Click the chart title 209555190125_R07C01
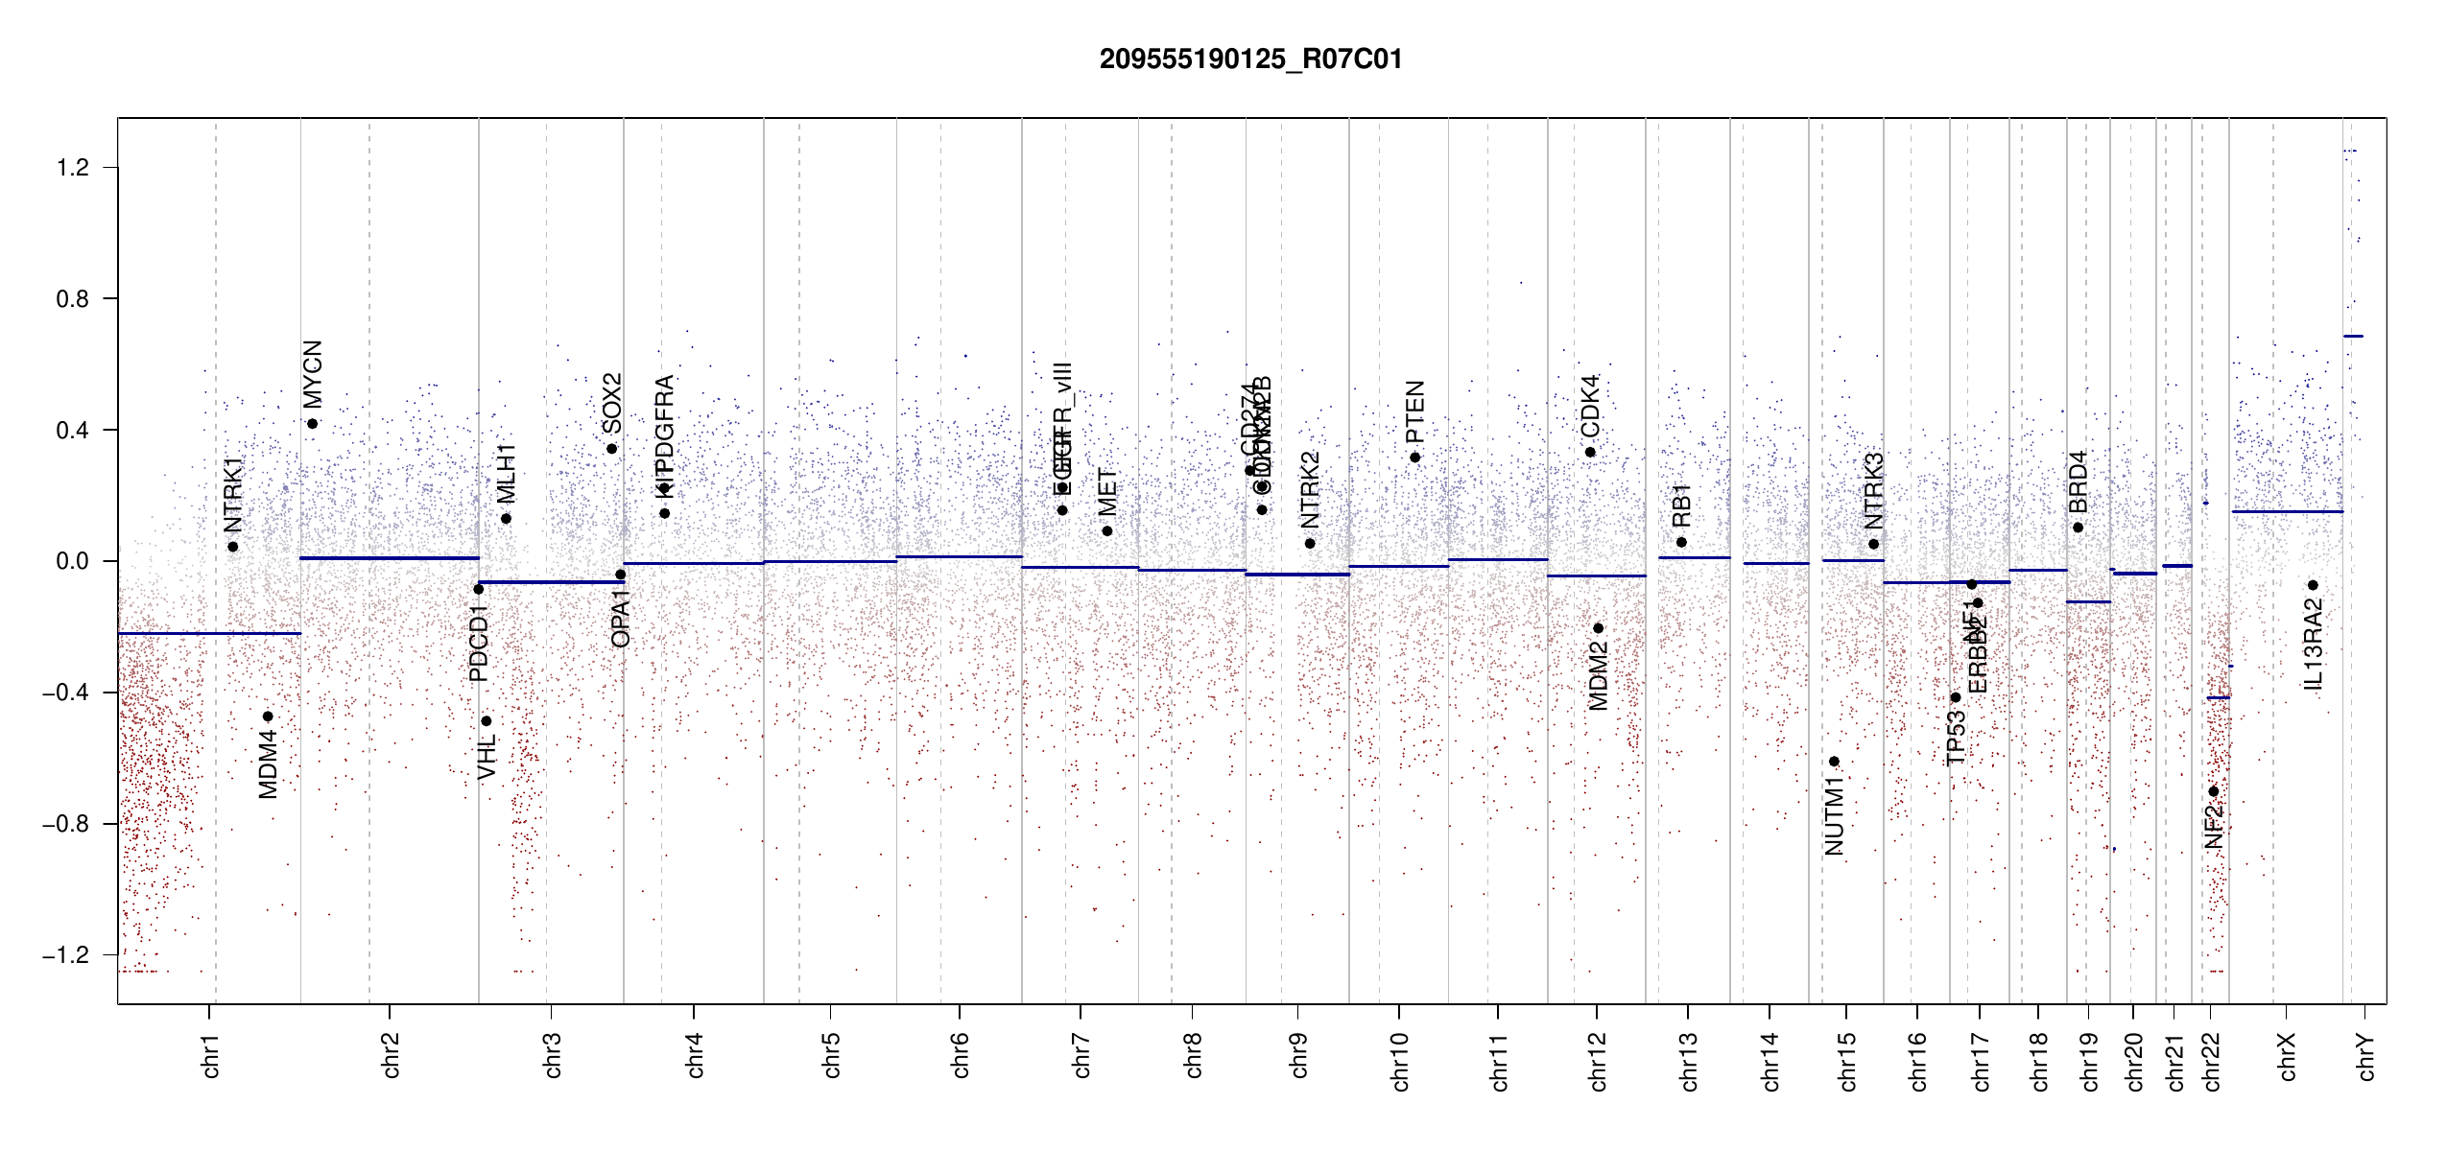(1250, 59)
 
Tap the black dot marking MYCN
(312, 424)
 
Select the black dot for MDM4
(268, 716)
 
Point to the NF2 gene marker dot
(2213, 791)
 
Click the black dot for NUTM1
(1834, 762)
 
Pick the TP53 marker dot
(1955, 697)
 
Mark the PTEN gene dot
(1414, 458)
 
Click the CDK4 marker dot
(1590, 452)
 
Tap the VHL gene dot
(487, 721)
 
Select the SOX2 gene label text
(612, 403)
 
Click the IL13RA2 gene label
(2313, 644)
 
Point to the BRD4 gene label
(2078, 482)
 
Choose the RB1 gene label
(1681, 505)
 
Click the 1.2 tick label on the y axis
(72, 168)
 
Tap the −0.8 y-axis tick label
(65, 824)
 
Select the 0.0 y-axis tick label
(72, 561)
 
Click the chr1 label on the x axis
(210, 1056)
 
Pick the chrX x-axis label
(2287, 1056)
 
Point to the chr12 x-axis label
(1597, 1062)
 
